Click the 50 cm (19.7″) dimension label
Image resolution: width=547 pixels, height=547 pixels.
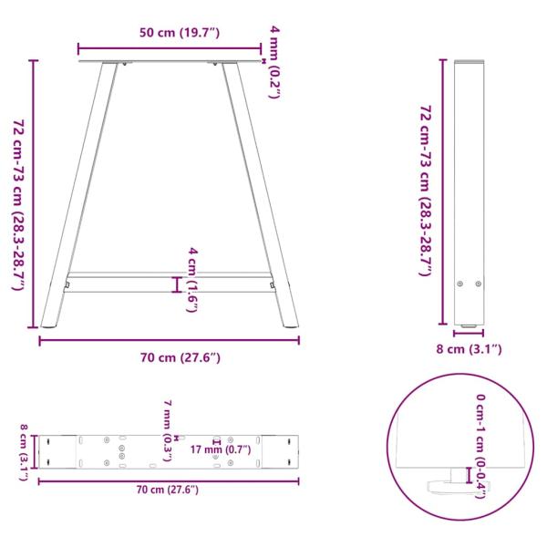click(x=170, y=34)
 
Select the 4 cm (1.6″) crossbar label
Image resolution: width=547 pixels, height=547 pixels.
click(x=192, y=279)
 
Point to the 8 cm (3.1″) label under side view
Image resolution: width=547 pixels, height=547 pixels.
click(x=469, y=349)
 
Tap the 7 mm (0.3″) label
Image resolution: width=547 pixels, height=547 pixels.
click(x=168, y=428)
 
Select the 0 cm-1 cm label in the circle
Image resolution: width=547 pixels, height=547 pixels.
click(x=480, y=446)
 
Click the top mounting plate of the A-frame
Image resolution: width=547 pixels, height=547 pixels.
click(x=170, y=61)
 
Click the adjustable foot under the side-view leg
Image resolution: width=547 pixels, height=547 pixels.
click(x=469, y=325)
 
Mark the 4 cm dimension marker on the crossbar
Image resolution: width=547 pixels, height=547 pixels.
click(x=177, y=284)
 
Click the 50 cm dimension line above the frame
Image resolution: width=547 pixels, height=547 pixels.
click(x=170, y=48)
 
